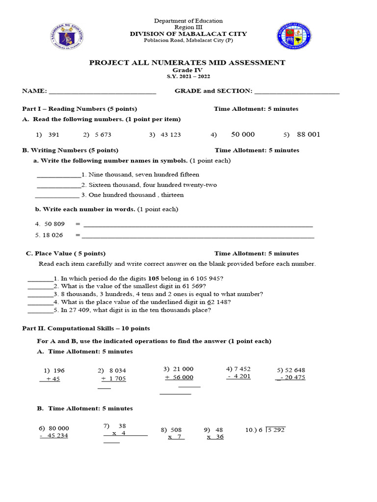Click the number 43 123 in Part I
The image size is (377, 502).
(x=170, y=135)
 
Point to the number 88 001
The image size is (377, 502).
(x=308, y=135)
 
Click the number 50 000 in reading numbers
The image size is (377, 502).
(x=242, y=134)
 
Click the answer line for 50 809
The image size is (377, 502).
(x=198, y=226)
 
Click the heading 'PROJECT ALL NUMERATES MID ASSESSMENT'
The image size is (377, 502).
(x=187, y=63)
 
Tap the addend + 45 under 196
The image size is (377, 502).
(x=52, y=379)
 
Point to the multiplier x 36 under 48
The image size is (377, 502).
(x=215, y=437)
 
